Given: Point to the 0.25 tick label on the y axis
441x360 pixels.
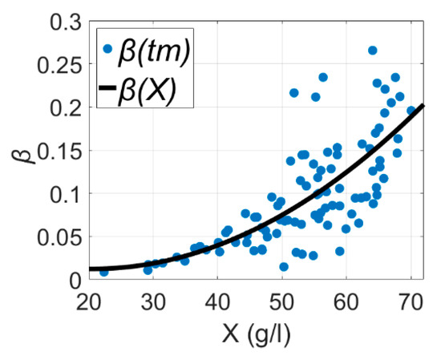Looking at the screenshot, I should pos(58,63).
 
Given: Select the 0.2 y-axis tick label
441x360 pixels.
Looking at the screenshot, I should pos(63,107).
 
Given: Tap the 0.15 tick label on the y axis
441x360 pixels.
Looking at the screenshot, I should pos(58,150).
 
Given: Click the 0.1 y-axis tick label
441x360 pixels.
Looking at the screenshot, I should pos(63,193).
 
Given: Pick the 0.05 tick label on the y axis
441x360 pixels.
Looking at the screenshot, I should pos(58,237).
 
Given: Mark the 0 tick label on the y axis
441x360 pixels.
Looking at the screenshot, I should pos(75,280).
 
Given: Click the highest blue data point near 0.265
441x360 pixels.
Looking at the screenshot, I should pos(372,51).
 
